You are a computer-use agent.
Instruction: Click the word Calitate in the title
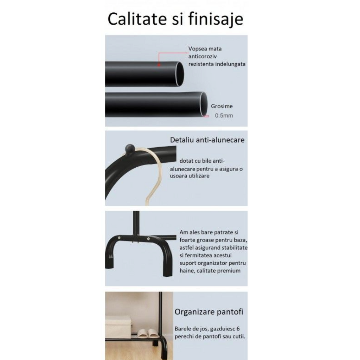(137, 19)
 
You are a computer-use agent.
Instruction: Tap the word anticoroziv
(202, 57)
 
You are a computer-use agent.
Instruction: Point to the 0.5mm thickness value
(224, 115)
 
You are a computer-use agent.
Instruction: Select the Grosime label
(222, 106)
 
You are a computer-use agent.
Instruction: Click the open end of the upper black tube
(180, 74)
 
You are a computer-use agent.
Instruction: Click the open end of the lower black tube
(204, 104)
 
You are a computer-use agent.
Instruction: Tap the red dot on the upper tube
(159, 65)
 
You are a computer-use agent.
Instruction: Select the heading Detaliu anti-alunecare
(207, 140)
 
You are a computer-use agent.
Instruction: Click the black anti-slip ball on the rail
(130, 149)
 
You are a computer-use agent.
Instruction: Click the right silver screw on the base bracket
(148, 239)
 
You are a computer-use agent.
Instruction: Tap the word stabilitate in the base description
(233, 248)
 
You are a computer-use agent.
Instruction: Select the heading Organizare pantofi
(209, 312)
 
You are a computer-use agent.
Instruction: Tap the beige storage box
(118, 323)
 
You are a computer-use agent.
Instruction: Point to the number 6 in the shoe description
(238, 329)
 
